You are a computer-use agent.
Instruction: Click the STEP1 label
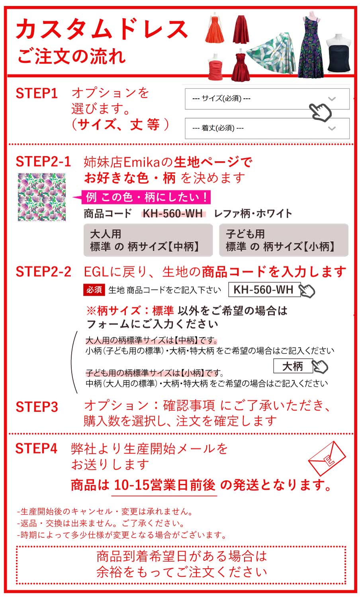37,94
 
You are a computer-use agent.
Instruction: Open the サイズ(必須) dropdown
267,99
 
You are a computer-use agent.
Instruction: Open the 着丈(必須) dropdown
267,128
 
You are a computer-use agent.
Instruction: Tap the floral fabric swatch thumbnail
41,197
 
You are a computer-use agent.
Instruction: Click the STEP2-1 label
43,162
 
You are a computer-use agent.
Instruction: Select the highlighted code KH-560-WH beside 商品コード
173,213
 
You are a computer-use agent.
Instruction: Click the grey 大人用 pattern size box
148,240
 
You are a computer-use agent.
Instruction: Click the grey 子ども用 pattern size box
284,240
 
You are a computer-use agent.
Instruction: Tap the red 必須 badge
94,290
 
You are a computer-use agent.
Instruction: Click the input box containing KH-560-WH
263,290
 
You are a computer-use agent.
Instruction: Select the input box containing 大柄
293,366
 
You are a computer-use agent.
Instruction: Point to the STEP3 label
37,407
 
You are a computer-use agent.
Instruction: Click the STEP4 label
36,449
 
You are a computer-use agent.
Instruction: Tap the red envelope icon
327,458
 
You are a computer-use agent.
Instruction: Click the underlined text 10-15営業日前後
164,485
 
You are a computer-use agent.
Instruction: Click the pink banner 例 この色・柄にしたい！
146,197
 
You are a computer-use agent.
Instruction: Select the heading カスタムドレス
102,29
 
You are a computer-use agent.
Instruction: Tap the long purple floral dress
310,48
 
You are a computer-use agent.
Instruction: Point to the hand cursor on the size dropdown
321,111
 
